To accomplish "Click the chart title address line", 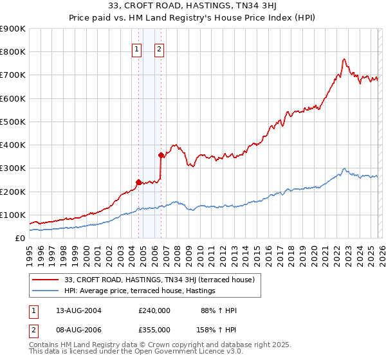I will click(192, 7).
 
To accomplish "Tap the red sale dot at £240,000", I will click(138, 181).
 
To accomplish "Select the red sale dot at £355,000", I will click(161, 154).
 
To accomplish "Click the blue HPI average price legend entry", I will click(139, 291).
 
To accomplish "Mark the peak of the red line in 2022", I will click(344, 59).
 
